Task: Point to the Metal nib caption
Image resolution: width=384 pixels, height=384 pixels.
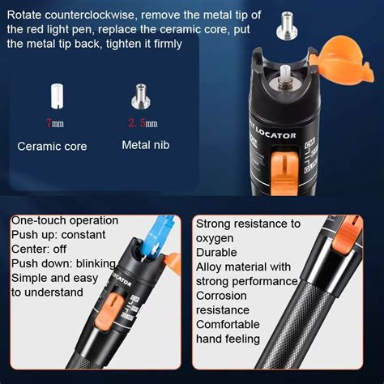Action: [x=145, y=147]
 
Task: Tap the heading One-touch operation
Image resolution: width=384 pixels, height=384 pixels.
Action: [x=64, y=220]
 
